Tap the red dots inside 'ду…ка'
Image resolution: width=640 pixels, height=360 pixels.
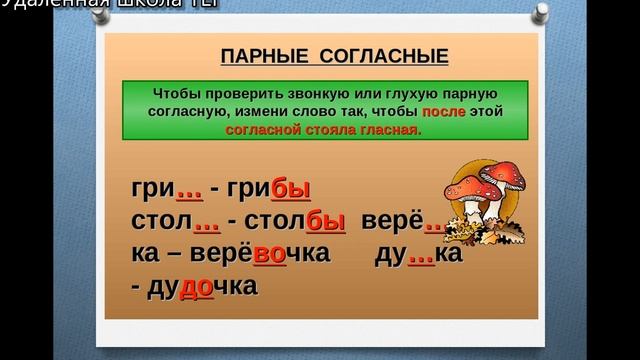click(x=420, y=253)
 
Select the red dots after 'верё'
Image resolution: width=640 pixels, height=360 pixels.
click(x=436, y=221)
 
